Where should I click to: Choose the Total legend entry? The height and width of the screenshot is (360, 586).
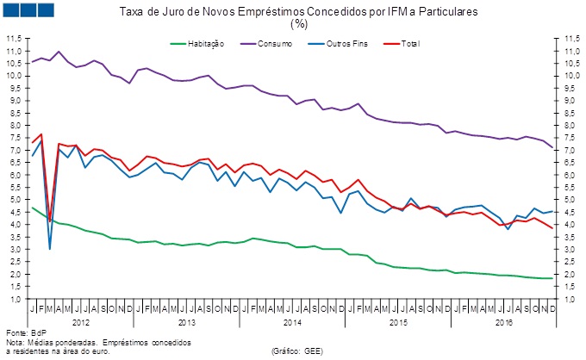[x=410, y=42]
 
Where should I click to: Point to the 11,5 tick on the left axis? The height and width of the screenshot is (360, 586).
[x=14, y=39]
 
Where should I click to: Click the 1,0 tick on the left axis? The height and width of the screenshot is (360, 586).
[x=16, y=299]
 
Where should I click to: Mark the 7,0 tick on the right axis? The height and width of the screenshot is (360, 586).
[x=571, y=150]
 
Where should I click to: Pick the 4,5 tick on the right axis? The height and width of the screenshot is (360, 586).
[x=571, y=212]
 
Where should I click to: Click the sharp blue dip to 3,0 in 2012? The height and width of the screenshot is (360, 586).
[x=50, y=248]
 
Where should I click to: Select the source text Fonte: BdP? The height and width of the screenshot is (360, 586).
[x=25, y=332]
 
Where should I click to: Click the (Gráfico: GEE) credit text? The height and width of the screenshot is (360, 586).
[x=296, y=351]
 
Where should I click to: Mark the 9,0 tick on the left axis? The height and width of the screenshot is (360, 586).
[x=16, y=100]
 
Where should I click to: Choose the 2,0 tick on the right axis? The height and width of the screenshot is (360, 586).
[x=571, y=274]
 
